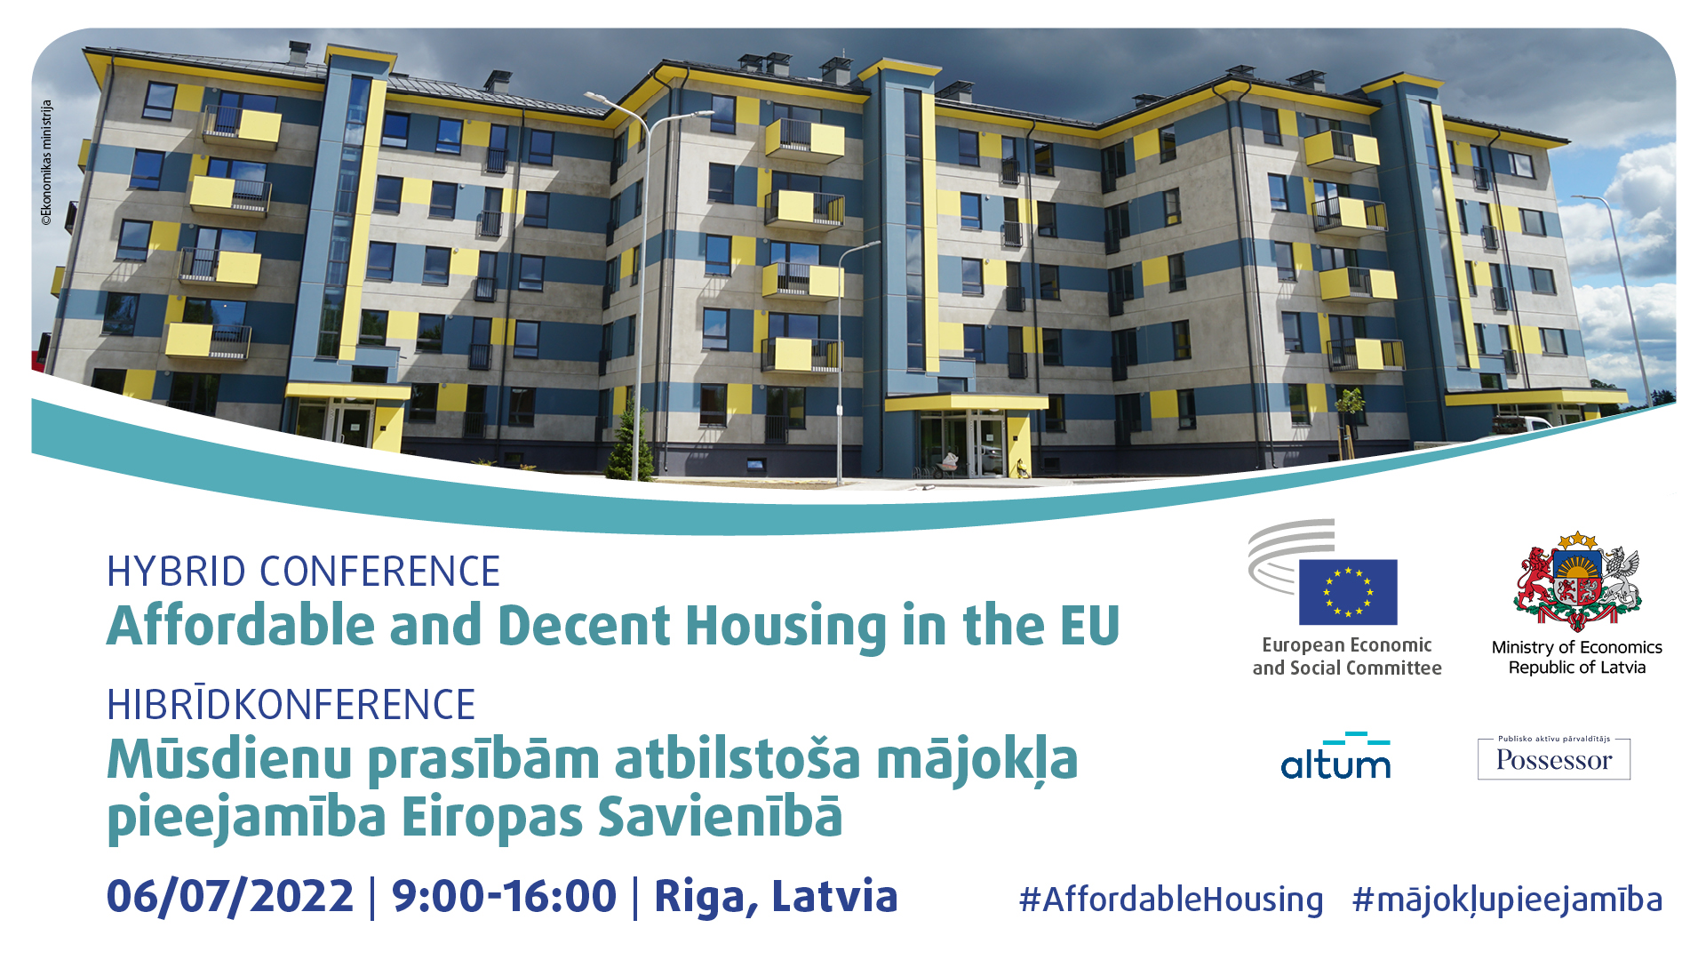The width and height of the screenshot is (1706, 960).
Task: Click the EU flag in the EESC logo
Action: tap(1348, 592)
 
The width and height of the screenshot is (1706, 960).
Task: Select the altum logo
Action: tap(1335, 756)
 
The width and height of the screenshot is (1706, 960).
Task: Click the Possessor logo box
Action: tap(1554, 758)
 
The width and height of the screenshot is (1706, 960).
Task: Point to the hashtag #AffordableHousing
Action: tap(1171, 900)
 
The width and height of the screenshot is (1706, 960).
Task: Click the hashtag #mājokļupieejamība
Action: tap(1507, 900)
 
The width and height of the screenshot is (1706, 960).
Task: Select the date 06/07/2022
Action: tap(230, 896)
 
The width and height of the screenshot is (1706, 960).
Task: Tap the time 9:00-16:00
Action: tap(504, 896)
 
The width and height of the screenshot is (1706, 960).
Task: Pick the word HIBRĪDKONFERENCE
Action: tap(291, 705)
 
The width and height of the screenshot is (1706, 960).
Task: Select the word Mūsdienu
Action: tap(229, 760)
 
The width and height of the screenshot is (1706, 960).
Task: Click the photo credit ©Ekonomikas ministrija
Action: tap(47, 163)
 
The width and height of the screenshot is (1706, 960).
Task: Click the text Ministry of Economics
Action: tap(1577, 647)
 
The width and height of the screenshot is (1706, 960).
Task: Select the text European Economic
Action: tap(1347, 644)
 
